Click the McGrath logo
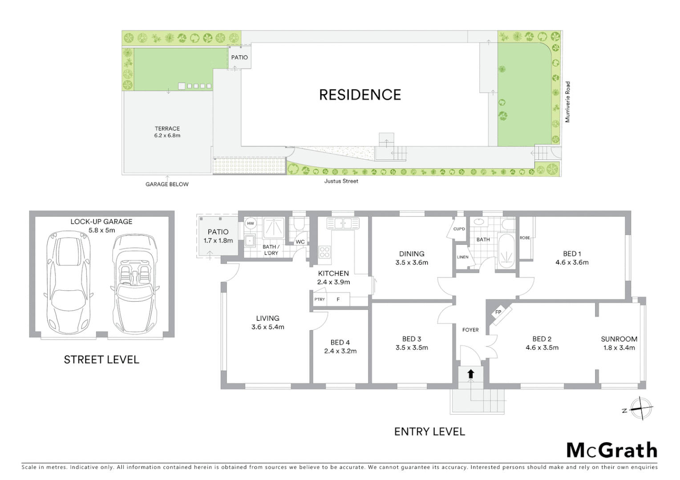[x=611, y=450]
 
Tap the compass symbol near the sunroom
[x=640, y=408]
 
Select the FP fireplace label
[x=498, y=312]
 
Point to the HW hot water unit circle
[x=251, y=224]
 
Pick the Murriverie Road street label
[x=567, y=102]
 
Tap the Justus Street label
[x=341, y=181]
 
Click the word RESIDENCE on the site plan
[x=360, y=95]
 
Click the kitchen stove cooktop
[x=324, y=252]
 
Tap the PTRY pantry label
[x=320, y=300]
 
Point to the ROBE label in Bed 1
[x=525, y=238]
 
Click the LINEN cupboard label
[x=462, y=257]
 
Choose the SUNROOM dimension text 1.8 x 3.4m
[x=619, y=348]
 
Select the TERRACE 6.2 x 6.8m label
[x=167, y=132]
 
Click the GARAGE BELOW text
[x=167, y=184]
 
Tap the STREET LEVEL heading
[x=101, y=360]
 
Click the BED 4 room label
[x=340, y=343]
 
